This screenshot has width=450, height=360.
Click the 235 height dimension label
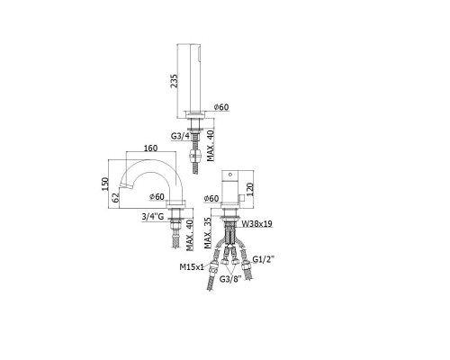click(x=174, y=81)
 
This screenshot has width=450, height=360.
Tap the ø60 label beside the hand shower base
click(x=221, y=107)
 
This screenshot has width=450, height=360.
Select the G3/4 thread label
click(x=180, y=136)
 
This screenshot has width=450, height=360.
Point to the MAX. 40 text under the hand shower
click(x=211, y=146)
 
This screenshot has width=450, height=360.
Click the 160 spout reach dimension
click(x=150, y=148)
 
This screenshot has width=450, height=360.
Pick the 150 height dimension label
click(x=104, y=184)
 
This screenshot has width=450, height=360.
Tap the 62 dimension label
click(x=116, y=197)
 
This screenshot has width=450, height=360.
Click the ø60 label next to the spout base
click(x=157, y=197)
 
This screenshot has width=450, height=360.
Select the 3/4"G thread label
click(x=153, y=216)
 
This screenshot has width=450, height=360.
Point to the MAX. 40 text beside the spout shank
click(x=190, y=235)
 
